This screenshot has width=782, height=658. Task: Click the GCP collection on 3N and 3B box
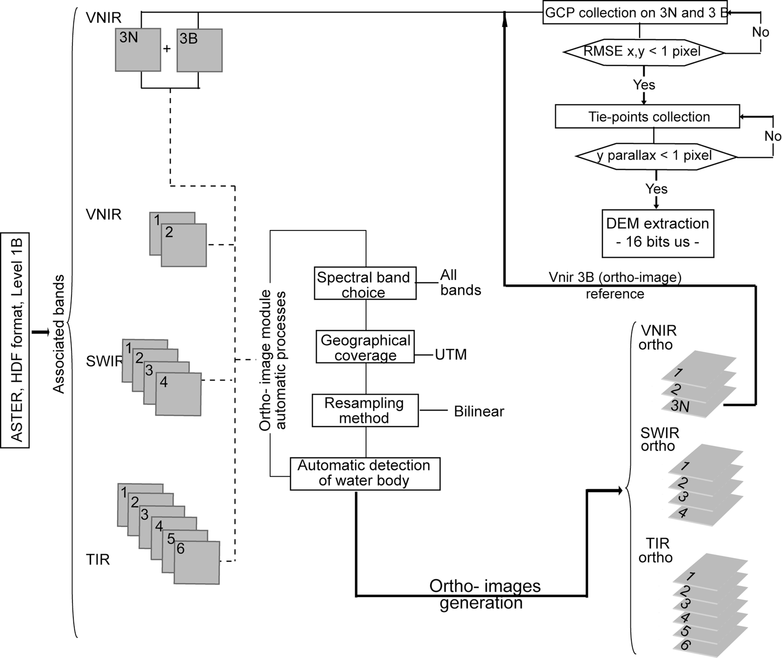click(635, 13)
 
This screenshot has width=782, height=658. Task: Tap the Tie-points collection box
click(647, 116)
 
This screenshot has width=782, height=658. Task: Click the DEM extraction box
click(658, 233)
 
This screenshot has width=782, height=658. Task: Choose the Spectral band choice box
click(365, 283)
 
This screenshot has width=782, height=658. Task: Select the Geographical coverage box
click(365, 347)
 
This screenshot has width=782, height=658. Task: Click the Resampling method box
click(365, 410)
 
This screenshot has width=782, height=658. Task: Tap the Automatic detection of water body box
click(365, 474)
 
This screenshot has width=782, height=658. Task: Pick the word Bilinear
click(479, 411)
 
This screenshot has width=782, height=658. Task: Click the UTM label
click(451, 354)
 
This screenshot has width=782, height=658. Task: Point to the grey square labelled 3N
click(138, 50)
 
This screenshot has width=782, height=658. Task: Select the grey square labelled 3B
click(200, 50)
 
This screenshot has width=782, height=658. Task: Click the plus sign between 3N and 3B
click(167, 49)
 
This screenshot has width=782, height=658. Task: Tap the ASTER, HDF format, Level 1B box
click(15, 340)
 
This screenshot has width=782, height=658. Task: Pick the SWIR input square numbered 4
click(178, 394)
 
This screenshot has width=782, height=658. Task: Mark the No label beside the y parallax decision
click(773, 136)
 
